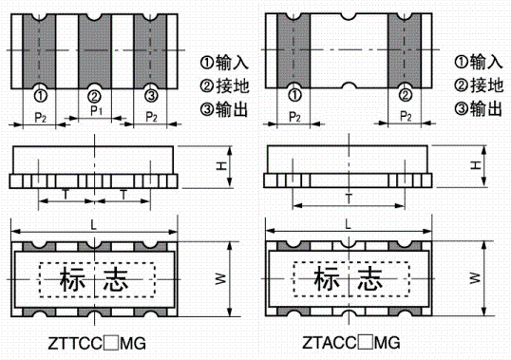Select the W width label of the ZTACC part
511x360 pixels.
tap(474, 278)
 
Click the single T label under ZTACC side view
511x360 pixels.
tap(350, 197)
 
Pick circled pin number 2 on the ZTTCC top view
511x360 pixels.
tap(95, 96)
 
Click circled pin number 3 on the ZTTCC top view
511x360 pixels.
tap(151, 96)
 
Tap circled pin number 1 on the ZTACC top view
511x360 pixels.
tap(295, 96)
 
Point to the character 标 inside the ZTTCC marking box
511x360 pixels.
tap(73, 281)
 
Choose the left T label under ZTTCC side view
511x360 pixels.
tap(66, 193)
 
